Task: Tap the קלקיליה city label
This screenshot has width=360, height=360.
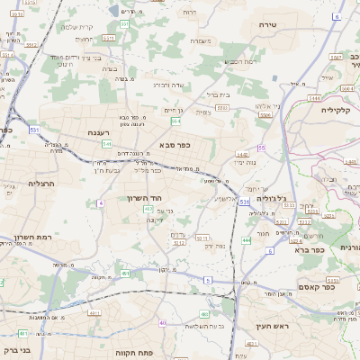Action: (x=340, y=109)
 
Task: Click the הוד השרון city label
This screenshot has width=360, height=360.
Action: (x=142, y=197)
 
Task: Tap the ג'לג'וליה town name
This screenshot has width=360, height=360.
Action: (x=271, y=197)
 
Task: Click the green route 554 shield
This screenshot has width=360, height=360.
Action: (x=175, y=121)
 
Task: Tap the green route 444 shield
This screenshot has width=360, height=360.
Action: (x=246, y=240)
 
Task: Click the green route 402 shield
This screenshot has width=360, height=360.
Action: (x=148, y=209)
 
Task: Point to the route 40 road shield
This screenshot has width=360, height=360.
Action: (x=162, y=322)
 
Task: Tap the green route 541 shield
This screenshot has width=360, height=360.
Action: (x=106, y=143)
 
